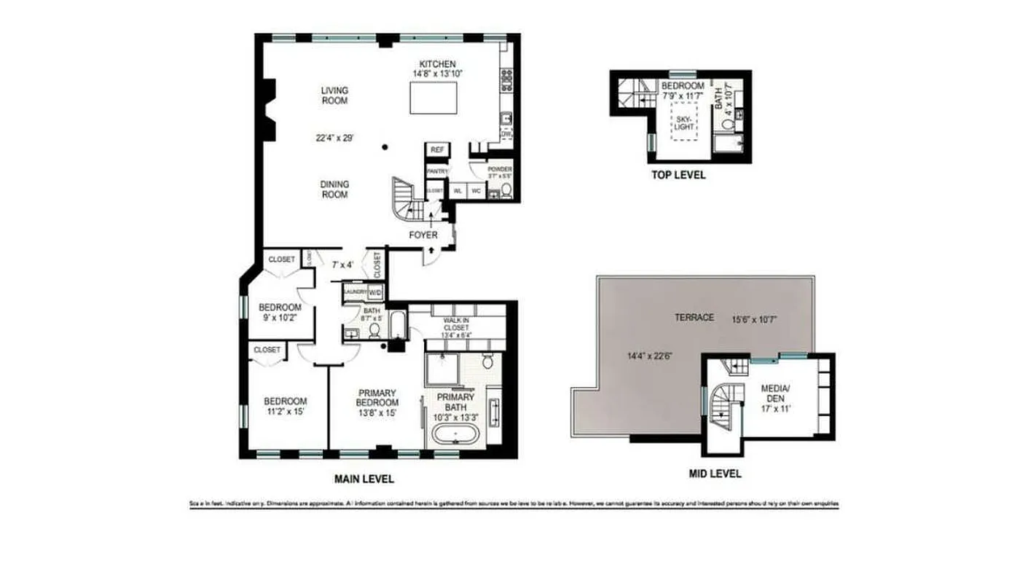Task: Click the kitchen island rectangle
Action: click(434, 97)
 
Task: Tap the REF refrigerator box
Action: click(437, 149)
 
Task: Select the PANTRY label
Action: click(437, 171)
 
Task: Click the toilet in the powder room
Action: click(506, 191)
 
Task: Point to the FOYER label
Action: click(423, 235)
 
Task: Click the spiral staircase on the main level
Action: click(404, 198)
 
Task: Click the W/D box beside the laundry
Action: click(375, 292)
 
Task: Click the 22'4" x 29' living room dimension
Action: click(334, 138)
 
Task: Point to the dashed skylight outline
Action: click(683, 121)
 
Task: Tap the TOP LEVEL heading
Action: click(678, 176)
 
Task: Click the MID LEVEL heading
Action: click(715, 474)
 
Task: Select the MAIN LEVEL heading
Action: click(364, 479)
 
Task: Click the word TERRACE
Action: click(694, 318)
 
